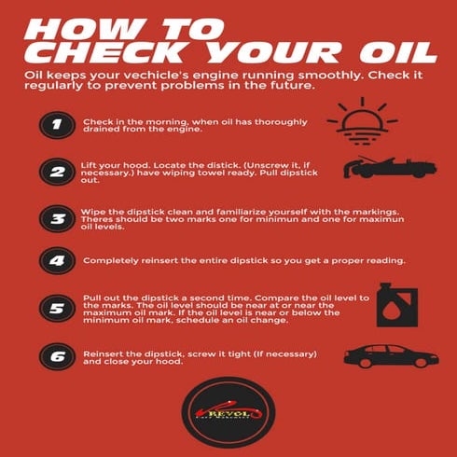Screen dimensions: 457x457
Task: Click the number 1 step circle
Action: tap(55, 128)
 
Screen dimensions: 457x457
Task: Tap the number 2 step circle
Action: tap(55, 173)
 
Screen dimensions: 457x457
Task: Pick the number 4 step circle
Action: tap(55, 261)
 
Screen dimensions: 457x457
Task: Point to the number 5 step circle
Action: tap(55, 307)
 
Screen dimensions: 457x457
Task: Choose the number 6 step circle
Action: tap(55, 356)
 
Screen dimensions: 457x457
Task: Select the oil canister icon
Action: tap(390, 303)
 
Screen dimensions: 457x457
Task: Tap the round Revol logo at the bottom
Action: tap(228, 411)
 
